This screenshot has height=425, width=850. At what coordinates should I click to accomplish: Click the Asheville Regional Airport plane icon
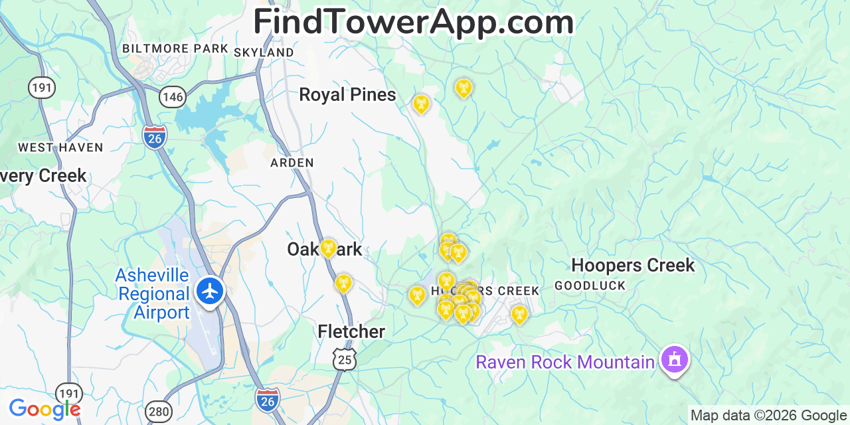[x=211, y=292]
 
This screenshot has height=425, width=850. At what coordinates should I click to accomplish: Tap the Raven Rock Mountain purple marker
[x=675, y=360]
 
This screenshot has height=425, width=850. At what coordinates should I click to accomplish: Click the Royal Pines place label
[x=347, y=95]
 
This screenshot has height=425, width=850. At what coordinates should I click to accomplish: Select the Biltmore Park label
[x=175, y=49]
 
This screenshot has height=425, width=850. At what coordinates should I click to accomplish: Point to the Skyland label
[x=264, y=52]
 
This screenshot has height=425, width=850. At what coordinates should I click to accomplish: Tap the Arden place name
[x=292, y=163]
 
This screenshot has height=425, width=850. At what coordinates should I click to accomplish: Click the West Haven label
[x=60, y=147]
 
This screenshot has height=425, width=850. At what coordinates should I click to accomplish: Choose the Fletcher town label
[x=351, y=331]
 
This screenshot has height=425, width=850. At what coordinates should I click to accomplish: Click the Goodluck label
[x=590, y=286]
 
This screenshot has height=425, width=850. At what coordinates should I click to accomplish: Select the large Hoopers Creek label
[x=633, y=266]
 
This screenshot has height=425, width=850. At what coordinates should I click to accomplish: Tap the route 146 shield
[x=172, y=97]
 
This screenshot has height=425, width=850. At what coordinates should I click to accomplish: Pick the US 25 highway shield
[x=345, y=359]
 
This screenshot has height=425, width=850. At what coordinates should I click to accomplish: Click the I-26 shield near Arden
[x=155, y=137]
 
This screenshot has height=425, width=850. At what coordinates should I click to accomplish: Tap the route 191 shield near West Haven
[x=41, y=87]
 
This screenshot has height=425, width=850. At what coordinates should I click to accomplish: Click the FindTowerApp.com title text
[x=413, y=22]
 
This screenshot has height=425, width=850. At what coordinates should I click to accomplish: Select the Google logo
[x=44, y=409]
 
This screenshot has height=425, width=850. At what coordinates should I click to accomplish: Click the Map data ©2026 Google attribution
[x=768, y=416]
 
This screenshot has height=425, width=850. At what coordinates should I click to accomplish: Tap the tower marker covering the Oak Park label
[x=328, y=248]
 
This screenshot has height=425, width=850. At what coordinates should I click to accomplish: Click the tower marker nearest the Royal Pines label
[x=421, y=104]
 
